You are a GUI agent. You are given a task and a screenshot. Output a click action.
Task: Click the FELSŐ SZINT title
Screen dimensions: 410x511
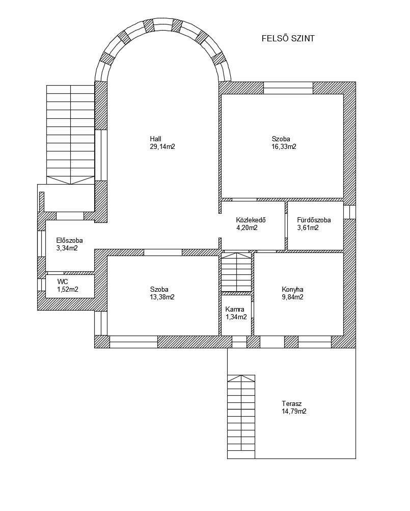[288, 38]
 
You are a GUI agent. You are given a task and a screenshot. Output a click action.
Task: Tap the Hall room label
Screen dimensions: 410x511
[155, 139]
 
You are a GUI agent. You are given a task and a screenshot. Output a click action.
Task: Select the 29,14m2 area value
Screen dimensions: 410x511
[162, 147]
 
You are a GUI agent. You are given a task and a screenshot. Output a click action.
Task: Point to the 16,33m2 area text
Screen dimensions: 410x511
[284, 147]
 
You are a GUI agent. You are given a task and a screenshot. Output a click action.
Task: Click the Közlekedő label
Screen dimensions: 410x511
[251, 220]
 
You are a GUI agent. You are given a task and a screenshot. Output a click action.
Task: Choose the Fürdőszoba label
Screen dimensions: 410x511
[314, 220]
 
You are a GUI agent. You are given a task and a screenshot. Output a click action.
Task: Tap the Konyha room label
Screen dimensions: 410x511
[292, 289]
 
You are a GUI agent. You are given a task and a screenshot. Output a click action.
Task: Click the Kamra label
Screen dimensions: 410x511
[235, 309]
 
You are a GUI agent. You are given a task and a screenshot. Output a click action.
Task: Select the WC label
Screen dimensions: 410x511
[63, 282]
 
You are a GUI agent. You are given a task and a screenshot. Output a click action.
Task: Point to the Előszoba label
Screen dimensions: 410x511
[69, 241]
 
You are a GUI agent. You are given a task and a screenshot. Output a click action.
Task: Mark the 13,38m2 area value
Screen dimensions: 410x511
[162, 297]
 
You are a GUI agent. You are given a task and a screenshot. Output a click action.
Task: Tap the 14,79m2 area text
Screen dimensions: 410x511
[294, 412]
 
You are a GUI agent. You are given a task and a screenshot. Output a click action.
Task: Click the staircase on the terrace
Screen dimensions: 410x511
[241, 417]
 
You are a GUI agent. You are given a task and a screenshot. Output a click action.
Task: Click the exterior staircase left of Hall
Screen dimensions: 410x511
[71, 135]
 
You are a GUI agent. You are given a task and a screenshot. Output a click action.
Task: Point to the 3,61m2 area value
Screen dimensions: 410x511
[308, 228]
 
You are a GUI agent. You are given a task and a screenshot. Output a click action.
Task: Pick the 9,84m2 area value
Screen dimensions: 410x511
[292, 297]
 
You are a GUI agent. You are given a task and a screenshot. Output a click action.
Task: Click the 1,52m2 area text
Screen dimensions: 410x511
[68, 289]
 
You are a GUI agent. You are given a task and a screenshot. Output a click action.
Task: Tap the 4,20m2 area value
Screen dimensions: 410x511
[247, 228]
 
